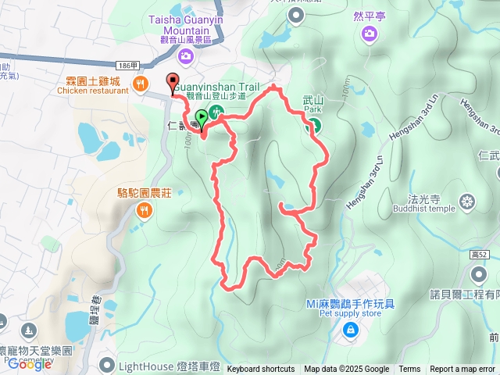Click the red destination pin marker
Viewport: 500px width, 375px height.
coord(173,81)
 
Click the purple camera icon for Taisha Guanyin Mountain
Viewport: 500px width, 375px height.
coord(186,55)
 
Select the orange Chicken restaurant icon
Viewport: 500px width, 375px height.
coord(141,84)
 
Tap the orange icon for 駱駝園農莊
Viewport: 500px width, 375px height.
coord(145,209)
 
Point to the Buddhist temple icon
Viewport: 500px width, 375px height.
coord(467,202)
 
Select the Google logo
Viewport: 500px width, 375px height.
coord(30,364)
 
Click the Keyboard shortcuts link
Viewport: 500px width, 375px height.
coord(261,370)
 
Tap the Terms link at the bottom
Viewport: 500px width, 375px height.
coord(409,370)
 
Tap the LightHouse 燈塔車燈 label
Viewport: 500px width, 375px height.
coord(170,366)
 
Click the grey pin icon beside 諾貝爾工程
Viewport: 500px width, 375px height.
coord(478,273)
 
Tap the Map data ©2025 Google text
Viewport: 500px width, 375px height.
coord(347,370)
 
